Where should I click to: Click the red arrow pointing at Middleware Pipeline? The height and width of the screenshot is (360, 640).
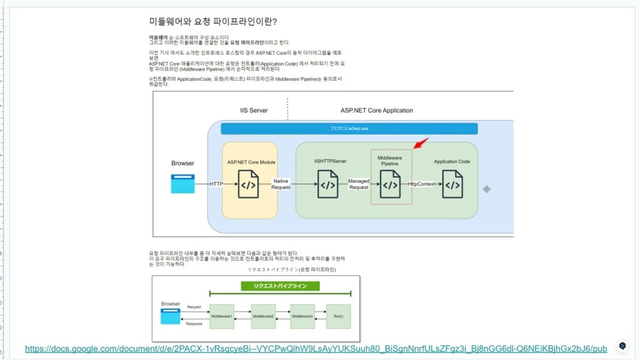click(421, 144)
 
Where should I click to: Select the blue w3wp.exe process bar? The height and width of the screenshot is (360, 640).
click(349, 128)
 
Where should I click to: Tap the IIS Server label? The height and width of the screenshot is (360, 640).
click(254, 111)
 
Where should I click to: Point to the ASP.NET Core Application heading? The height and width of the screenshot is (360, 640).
click(376, 111)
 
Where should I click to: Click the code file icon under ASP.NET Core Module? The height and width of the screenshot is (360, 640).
click(248, 184)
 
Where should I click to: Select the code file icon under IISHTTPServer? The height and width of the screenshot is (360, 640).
click(327, 184)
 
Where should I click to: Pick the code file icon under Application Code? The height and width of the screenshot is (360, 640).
click(452, 184)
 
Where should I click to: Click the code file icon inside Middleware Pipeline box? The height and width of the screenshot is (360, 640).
click(391, 184)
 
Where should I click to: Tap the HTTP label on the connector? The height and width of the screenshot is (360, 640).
click(216, 184)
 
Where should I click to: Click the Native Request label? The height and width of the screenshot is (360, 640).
click(281, 184)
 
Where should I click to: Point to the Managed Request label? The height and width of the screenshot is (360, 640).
click(359, 184)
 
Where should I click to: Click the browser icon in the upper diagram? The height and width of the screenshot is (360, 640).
click(183, 183)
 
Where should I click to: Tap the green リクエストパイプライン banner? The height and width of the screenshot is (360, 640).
click(280, 286)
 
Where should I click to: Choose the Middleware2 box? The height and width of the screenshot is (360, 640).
click(263, 316)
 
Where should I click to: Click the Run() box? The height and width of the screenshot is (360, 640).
click(339, 316)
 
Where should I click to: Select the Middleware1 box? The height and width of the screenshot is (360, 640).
click(221, 316)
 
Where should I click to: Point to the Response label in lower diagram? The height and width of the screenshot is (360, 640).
click(194, 324)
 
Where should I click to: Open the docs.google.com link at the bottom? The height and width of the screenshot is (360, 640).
click(316, 348)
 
